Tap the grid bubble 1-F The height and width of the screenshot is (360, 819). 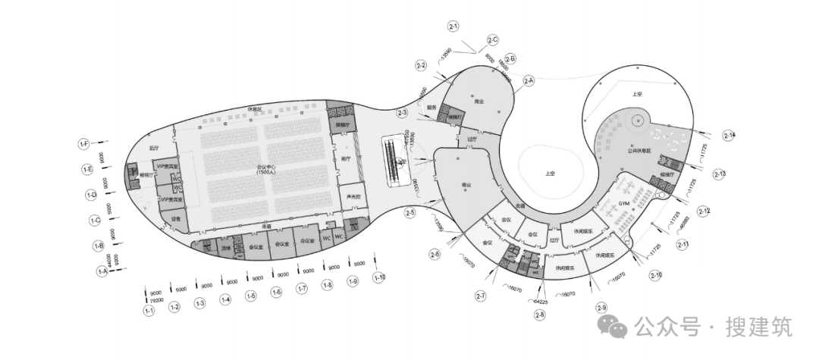(x=85, y=143)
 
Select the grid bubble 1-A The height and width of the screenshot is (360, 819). (x=102, y=270)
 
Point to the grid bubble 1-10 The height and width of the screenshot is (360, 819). (x=380, y=277)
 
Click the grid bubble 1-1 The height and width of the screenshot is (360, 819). (x=149, y=309)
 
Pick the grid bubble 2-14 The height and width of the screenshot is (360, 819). (x=730, y=136)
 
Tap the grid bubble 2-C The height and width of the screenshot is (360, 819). (x=492, y=39)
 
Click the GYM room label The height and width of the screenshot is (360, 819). (x=624, y=205)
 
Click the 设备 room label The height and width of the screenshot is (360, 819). (x=177, y=218)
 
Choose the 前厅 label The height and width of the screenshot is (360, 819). (x=346, y=159)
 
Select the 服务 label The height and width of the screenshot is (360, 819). (x=431, y=108)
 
